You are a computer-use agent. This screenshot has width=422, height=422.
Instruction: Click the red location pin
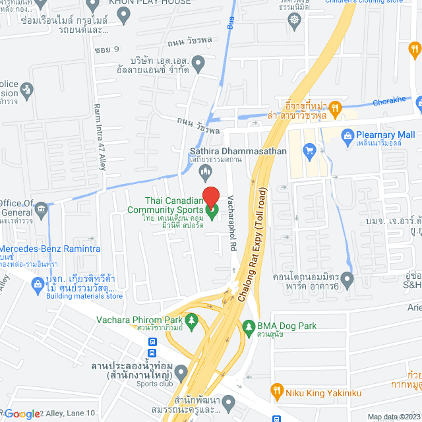(210, 196)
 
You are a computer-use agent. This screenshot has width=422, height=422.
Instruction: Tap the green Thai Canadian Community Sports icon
(212, 212)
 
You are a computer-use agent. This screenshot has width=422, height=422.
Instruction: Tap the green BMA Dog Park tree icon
(248, 326)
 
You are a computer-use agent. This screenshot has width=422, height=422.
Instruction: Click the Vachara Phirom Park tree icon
(192, 320)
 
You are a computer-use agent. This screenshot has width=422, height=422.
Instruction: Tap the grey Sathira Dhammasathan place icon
(205, 172)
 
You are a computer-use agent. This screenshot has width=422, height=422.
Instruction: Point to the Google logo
(22, 413)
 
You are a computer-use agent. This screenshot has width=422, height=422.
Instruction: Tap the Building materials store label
(83, 296)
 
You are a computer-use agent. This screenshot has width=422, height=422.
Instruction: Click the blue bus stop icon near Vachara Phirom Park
(152, 342)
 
